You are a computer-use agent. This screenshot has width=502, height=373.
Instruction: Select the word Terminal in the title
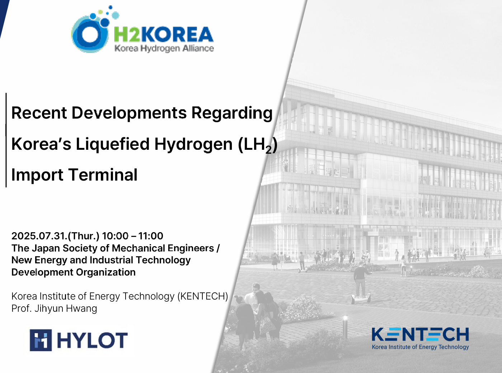tap(103, 175)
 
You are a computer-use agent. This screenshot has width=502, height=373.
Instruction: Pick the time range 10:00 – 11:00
tap(133, 236)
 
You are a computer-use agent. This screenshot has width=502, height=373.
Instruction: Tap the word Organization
tap(106, 272)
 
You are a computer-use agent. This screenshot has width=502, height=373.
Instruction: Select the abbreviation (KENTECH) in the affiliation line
tap(203, 296)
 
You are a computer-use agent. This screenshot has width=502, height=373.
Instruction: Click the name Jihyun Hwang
tap(66, 309)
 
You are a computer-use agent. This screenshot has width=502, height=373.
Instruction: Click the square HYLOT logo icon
tap(41, 340)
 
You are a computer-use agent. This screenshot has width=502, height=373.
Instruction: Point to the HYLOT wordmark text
tap(92, 340)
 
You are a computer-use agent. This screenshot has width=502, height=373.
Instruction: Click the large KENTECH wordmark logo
tap(420, 334)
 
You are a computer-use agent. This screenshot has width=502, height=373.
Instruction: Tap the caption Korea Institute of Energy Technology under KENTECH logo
tap(420, 347)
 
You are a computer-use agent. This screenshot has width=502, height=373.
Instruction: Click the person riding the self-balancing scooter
tap(361, 283)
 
